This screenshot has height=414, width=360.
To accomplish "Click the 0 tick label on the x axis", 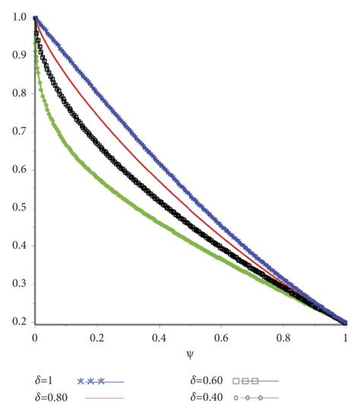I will pos(35,336).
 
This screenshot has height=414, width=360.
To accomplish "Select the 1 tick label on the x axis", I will pos(346,336).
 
